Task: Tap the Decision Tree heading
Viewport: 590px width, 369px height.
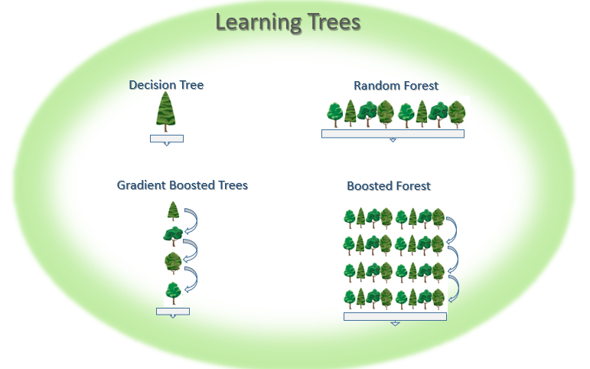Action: coord(166,85)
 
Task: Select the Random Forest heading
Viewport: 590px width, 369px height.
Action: coord(396,86)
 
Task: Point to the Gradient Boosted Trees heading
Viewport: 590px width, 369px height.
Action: coord(182,185)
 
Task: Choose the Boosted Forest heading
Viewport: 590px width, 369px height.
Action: coord(389,186)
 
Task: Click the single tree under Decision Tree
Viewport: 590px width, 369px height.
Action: coord(166,112)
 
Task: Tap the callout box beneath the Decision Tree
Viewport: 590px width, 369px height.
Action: coord(167,138)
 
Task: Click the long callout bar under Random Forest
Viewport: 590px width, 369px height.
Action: coord(393,133)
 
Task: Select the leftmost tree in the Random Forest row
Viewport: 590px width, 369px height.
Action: coord(334,114)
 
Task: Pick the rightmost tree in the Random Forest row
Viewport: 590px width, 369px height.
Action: coord(457,114)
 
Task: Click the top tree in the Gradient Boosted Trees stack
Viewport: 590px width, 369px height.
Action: coord(174,211)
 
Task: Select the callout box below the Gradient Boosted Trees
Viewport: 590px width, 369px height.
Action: coord(173,311)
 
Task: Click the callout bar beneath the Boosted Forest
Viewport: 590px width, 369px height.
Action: coord(395,315)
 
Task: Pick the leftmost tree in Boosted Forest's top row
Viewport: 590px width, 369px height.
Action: coord(349,219)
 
